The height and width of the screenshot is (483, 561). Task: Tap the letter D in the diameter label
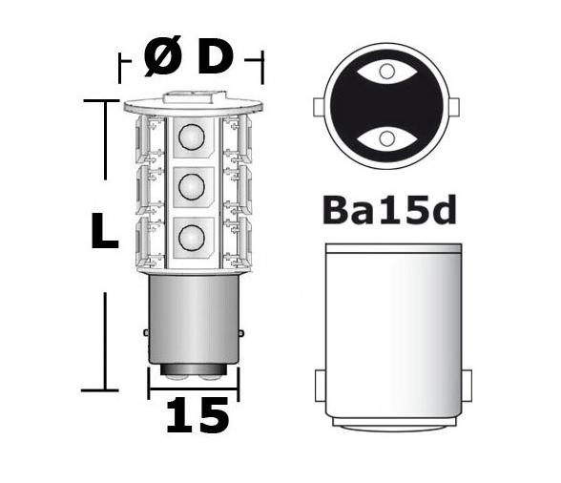pyautogui.click(x=215, y=58)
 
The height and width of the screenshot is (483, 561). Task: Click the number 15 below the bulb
pyautogui.click(x=197, y=416)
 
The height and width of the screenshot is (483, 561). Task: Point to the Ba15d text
pyautogui.click(x=387, y=209)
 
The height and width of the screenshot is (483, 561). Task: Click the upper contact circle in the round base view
pyautogui.click(x=386, y=71)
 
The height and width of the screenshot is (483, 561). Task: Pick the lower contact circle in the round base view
pyautogui.click(x=386, y=139)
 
